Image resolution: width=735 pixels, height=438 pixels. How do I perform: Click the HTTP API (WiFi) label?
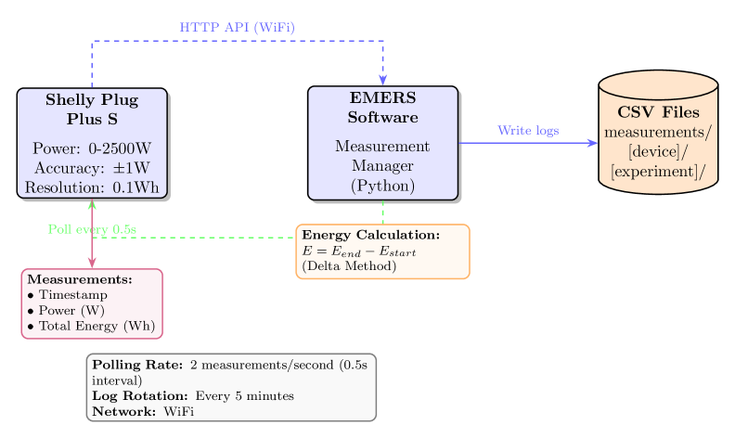click(x=238, y=27)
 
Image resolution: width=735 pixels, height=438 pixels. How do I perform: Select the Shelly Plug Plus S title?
click(x=92, y=109)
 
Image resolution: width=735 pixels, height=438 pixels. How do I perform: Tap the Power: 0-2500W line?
click(x=92, y=148)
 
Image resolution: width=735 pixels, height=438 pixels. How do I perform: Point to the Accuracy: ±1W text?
click(x=92, y=168)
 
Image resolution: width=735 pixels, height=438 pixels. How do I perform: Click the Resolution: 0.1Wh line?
click(x=92, y=187)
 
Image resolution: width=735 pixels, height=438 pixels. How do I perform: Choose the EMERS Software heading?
click(x=382, y=108)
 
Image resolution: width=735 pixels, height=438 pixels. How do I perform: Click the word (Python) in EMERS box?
click(x=382, y=186)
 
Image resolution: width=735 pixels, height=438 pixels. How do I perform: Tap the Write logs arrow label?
click(x=528, y=131)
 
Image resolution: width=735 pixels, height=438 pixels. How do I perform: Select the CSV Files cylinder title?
click(x=658, y=112)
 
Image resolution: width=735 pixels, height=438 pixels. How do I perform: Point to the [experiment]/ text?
click(x=658, y=172)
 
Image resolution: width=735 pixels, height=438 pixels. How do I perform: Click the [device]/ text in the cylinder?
click(x=658, y=152)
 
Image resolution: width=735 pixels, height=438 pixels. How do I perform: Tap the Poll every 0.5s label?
click(x=92, y=228)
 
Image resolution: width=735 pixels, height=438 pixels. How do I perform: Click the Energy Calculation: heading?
click(x=370, y=236)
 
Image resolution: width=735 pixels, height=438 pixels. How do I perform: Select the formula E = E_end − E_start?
click(x=358, y=251)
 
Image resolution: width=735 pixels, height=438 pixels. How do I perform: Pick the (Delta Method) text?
click(x=349, y=266)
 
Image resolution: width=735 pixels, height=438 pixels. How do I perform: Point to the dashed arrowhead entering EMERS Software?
click(x=382, y=80)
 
